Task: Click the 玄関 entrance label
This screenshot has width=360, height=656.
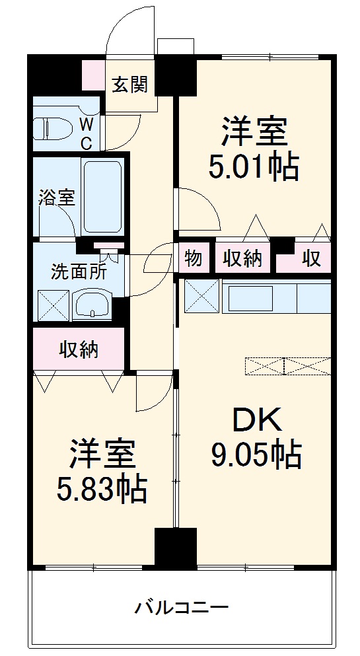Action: click(x=129, y=85)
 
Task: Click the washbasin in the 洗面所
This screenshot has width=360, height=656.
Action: click(x=93, y=306)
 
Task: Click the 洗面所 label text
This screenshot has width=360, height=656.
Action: click(x=79, y=272)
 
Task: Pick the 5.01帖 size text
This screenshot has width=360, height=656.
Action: click(x=254, y=167)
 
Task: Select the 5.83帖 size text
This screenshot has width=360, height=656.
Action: click(x=101, y=490)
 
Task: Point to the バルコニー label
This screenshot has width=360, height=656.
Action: click(x=182, y=606)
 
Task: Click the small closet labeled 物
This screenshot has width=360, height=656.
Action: click(x=194, y=258)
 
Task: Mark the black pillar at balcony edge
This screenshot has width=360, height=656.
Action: click(x=175, y=548)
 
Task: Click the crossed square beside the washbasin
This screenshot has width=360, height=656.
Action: click(x=53, y=305)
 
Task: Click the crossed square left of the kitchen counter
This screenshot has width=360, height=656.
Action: click(x=201, y=297)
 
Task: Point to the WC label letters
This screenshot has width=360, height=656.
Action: click(x=87, y=131)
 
